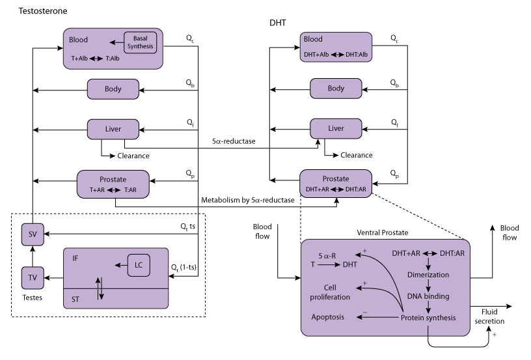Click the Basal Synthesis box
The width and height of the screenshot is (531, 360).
141,42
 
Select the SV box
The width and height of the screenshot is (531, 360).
33,234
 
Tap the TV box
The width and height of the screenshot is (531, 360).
33,278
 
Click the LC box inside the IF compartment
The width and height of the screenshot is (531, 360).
139,265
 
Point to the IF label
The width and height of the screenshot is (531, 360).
75,258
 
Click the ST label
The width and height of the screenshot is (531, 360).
75,299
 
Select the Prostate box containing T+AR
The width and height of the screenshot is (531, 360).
113,184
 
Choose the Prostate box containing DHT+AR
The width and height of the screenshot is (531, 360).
336,184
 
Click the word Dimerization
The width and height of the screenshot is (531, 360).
428,275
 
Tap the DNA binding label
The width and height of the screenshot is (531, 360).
428,296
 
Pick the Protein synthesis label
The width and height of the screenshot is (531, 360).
428,318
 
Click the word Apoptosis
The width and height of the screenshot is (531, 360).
328,317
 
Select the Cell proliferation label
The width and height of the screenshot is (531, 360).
330,292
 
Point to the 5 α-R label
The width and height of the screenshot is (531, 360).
327,256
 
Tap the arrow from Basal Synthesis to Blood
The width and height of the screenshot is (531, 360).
116,43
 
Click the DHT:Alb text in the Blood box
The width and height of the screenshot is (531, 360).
357,55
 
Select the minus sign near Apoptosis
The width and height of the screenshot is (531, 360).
364,312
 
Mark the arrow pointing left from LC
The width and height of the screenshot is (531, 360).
120,265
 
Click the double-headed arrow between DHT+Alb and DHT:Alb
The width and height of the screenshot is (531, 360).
338,55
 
